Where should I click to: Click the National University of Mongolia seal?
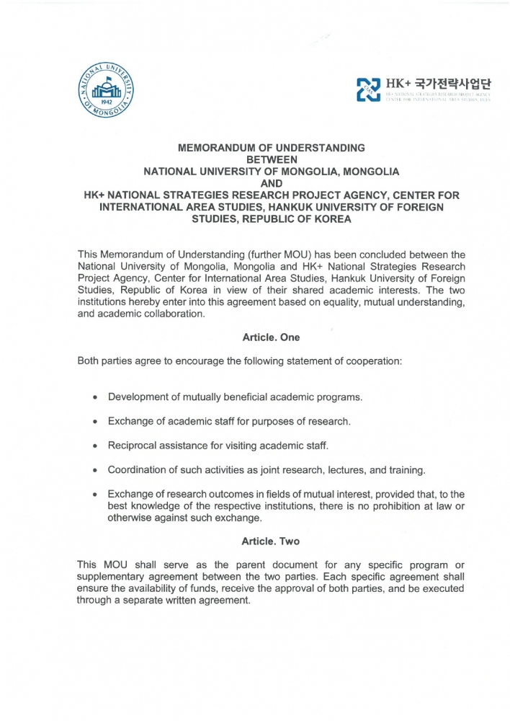tap(107, 94)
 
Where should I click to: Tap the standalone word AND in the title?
tap(272, 183)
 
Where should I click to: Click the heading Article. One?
tap(272, 337)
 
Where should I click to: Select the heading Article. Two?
tap(271, 541)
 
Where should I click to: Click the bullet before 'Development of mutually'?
tap(95, 397)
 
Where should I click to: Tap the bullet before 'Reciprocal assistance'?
tap(95, 446)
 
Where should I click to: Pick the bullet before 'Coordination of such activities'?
tap(95, 470)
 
